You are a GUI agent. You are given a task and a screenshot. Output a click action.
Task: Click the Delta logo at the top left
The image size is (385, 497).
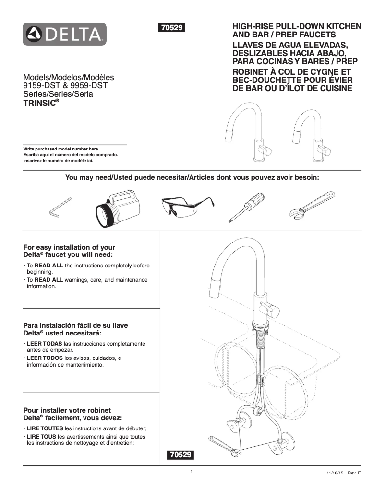64,34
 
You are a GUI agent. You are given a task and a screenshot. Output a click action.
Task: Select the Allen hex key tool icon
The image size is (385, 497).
60,207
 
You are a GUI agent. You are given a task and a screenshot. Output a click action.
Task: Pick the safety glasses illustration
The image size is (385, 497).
185,206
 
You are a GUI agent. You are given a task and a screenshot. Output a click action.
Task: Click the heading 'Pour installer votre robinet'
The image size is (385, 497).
67,410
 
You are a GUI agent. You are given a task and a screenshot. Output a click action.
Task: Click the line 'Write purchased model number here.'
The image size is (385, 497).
61,149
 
